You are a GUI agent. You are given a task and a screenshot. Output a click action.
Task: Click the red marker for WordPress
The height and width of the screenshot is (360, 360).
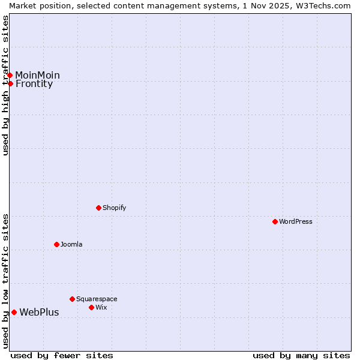[275, 221]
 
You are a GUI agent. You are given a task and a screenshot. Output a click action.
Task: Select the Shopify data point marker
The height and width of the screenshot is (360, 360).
[98, 208]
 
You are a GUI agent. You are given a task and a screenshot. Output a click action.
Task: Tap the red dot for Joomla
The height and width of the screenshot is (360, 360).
[56, 244]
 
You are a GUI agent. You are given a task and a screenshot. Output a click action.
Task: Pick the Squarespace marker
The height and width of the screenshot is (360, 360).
[72, 299]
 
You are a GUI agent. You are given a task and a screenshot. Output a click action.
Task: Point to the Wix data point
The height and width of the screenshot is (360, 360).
[91, 307]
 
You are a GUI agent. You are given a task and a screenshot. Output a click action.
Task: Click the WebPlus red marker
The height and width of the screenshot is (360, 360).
[14, 312]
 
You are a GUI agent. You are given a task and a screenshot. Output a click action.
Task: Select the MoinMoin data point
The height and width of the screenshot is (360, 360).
[10, 75]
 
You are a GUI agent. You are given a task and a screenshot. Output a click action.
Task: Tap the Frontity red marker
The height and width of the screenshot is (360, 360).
[10, 83]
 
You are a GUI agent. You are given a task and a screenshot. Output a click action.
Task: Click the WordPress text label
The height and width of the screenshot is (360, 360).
[296, 221]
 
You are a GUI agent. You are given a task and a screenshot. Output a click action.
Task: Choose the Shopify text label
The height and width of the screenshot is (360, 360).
[114, 208]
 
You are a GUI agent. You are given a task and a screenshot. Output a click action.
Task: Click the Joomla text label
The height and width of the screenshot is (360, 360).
[71, 244]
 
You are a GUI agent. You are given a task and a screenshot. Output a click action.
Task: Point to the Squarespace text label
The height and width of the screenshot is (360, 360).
[97, 299]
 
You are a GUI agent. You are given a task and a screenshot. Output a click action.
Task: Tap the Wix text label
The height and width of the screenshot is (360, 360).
[101, 307]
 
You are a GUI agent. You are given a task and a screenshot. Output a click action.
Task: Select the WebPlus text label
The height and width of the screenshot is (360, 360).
[39, 312]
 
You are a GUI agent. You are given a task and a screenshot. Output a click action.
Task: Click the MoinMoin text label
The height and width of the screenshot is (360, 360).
[37, 75]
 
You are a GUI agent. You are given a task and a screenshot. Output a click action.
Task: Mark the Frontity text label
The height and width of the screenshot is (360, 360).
[34, 84]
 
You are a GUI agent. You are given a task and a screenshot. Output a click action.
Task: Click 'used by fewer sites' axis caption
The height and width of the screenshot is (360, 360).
[62, 355]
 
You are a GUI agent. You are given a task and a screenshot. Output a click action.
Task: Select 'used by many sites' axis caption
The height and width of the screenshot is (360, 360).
[301, 355]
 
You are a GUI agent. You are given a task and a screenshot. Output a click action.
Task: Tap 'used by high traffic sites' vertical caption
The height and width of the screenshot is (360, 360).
[5, 85]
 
